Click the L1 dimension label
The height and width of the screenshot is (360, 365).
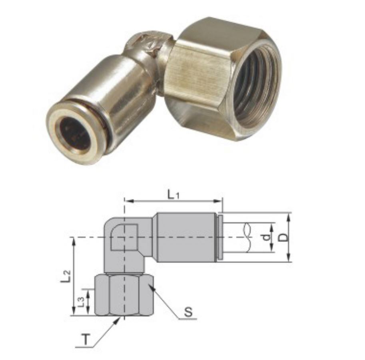tap(174, 195)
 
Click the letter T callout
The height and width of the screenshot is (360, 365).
tap(86, 339)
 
